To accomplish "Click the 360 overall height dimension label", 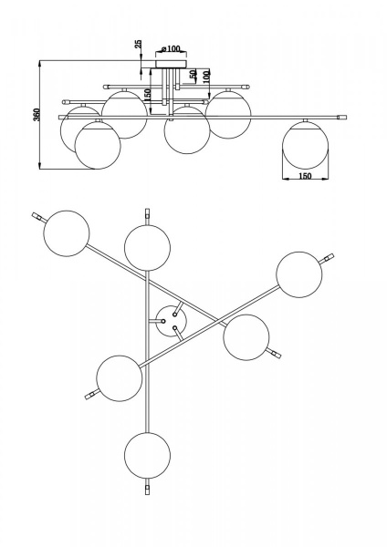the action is click(x=37, y=115).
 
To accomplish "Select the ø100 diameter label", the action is click(x=172, y=48).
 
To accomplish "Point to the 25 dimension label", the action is click(x=139, y=44).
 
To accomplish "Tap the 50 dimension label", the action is click(x=193, y=75).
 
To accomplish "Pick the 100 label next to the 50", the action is click(x=206, y=76).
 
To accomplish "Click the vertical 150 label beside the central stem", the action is click(x=147, y=95).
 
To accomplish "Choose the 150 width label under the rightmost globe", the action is click(x=305, y=176).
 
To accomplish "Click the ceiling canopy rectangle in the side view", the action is click(x=172, y=64).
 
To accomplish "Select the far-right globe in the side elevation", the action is click(x=305, y=144).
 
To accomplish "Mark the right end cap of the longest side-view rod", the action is click(x=342, y=118).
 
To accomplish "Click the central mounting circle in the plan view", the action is click(x=171, y=321).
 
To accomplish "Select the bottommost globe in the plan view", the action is click(x=147, y=455).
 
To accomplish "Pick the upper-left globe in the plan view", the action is click(x=67, y=233).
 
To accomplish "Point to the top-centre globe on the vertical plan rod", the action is click(x=147, y=248).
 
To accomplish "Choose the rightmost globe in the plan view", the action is click(x=299, y=274).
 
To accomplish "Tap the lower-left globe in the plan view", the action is click(x=120, y=378).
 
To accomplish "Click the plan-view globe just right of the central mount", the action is click(x=246, y=337).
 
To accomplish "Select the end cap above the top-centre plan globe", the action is click(x=147, y=213).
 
